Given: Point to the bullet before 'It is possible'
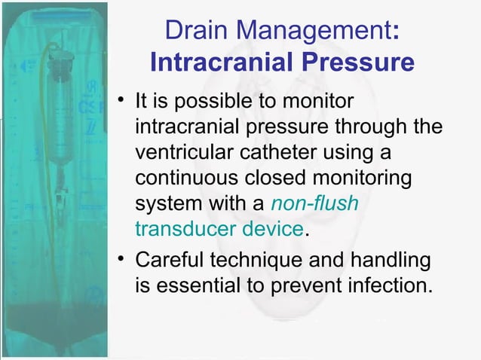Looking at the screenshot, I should tap(120, 100).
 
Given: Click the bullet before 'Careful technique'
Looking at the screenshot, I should tap(120, 261).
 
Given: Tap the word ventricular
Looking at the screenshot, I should tap(181, 152).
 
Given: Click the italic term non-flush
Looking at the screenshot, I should tap(315, 203).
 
